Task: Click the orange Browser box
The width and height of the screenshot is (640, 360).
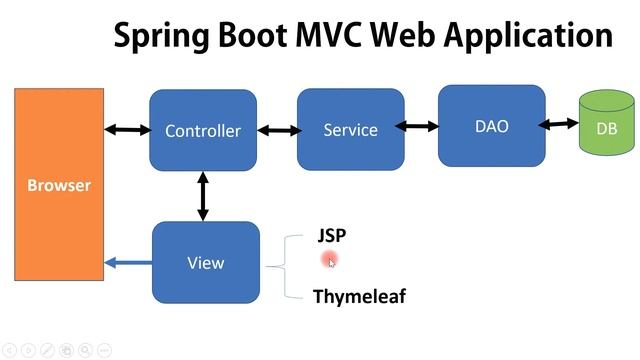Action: point(58,184)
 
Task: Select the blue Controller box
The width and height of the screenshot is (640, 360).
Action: point(203,130)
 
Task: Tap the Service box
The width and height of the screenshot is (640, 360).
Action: point(350,129)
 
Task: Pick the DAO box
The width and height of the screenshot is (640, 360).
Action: point(491,126)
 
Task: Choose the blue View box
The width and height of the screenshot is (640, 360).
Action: point(205,263)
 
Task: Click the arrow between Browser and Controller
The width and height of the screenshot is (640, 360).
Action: point(127,129)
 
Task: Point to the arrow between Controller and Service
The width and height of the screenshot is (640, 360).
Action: point(279,130)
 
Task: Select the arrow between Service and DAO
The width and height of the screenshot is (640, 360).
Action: point(420,126)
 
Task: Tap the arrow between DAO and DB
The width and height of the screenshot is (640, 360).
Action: point(559,125)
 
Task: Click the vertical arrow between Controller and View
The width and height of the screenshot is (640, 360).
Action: point(204,195)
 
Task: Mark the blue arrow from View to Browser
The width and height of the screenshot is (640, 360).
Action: point(128,263)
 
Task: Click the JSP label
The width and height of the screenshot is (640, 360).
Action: point(332,236)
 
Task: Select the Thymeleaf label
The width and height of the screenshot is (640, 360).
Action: point(359,296)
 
